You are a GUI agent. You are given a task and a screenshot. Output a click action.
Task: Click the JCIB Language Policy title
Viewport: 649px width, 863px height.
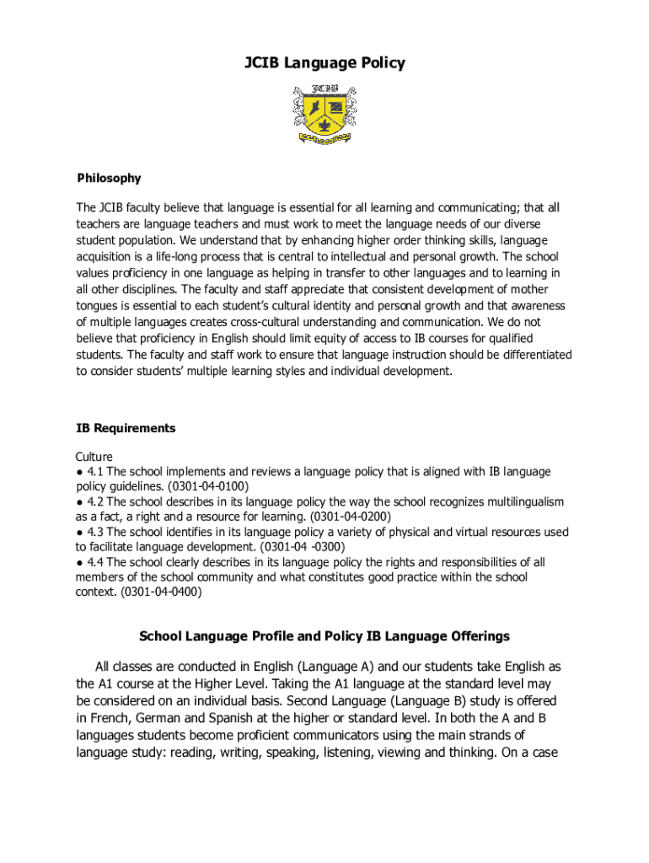pos(324,63)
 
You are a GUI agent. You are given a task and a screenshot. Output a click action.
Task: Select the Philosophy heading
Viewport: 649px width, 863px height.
pos(109,178)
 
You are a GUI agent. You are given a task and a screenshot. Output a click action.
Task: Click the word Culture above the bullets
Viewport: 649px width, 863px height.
pos(94,457)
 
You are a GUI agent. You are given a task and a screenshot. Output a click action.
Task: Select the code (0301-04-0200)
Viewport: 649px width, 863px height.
pos(351,516)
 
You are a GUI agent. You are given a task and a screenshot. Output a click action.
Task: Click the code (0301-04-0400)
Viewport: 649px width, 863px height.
pos(162,592)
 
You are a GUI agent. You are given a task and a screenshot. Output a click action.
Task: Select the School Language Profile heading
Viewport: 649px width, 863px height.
pos(324,636)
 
